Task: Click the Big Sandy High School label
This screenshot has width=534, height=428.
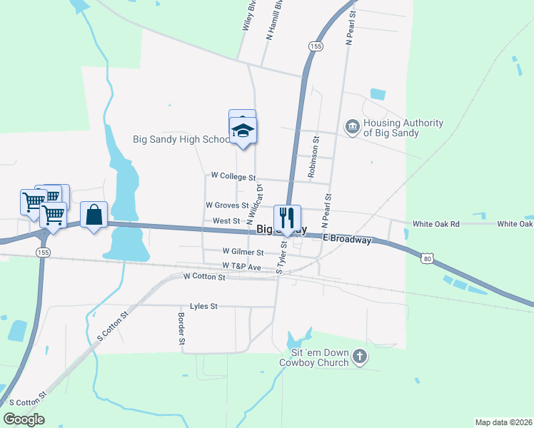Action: (x=181, y=139)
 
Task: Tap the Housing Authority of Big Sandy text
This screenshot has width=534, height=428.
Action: (x=403, y=128)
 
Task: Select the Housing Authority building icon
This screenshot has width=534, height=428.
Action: (x=352, y=127)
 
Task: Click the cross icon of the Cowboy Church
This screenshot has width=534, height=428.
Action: (x=361, y=357)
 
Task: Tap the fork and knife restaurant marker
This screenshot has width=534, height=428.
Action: (x=287, y=218)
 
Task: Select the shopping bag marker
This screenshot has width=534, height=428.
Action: (x=94, y=215)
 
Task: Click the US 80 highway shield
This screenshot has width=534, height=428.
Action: (x=427, y=259)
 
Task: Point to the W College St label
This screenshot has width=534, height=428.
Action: (x=233, y=176)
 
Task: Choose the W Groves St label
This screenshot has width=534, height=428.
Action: (x=227, y=205)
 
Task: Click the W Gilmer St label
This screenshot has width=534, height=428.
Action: (x=243, y=252)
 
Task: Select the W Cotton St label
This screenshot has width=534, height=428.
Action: (x=204, y=276)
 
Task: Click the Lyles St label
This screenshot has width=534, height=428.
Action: (x=203, y=305)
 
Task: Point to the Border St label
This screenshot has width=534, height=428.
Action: (x=182, y=329)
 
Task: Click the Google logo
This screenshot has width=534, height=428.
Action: (x=24, y=419)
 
